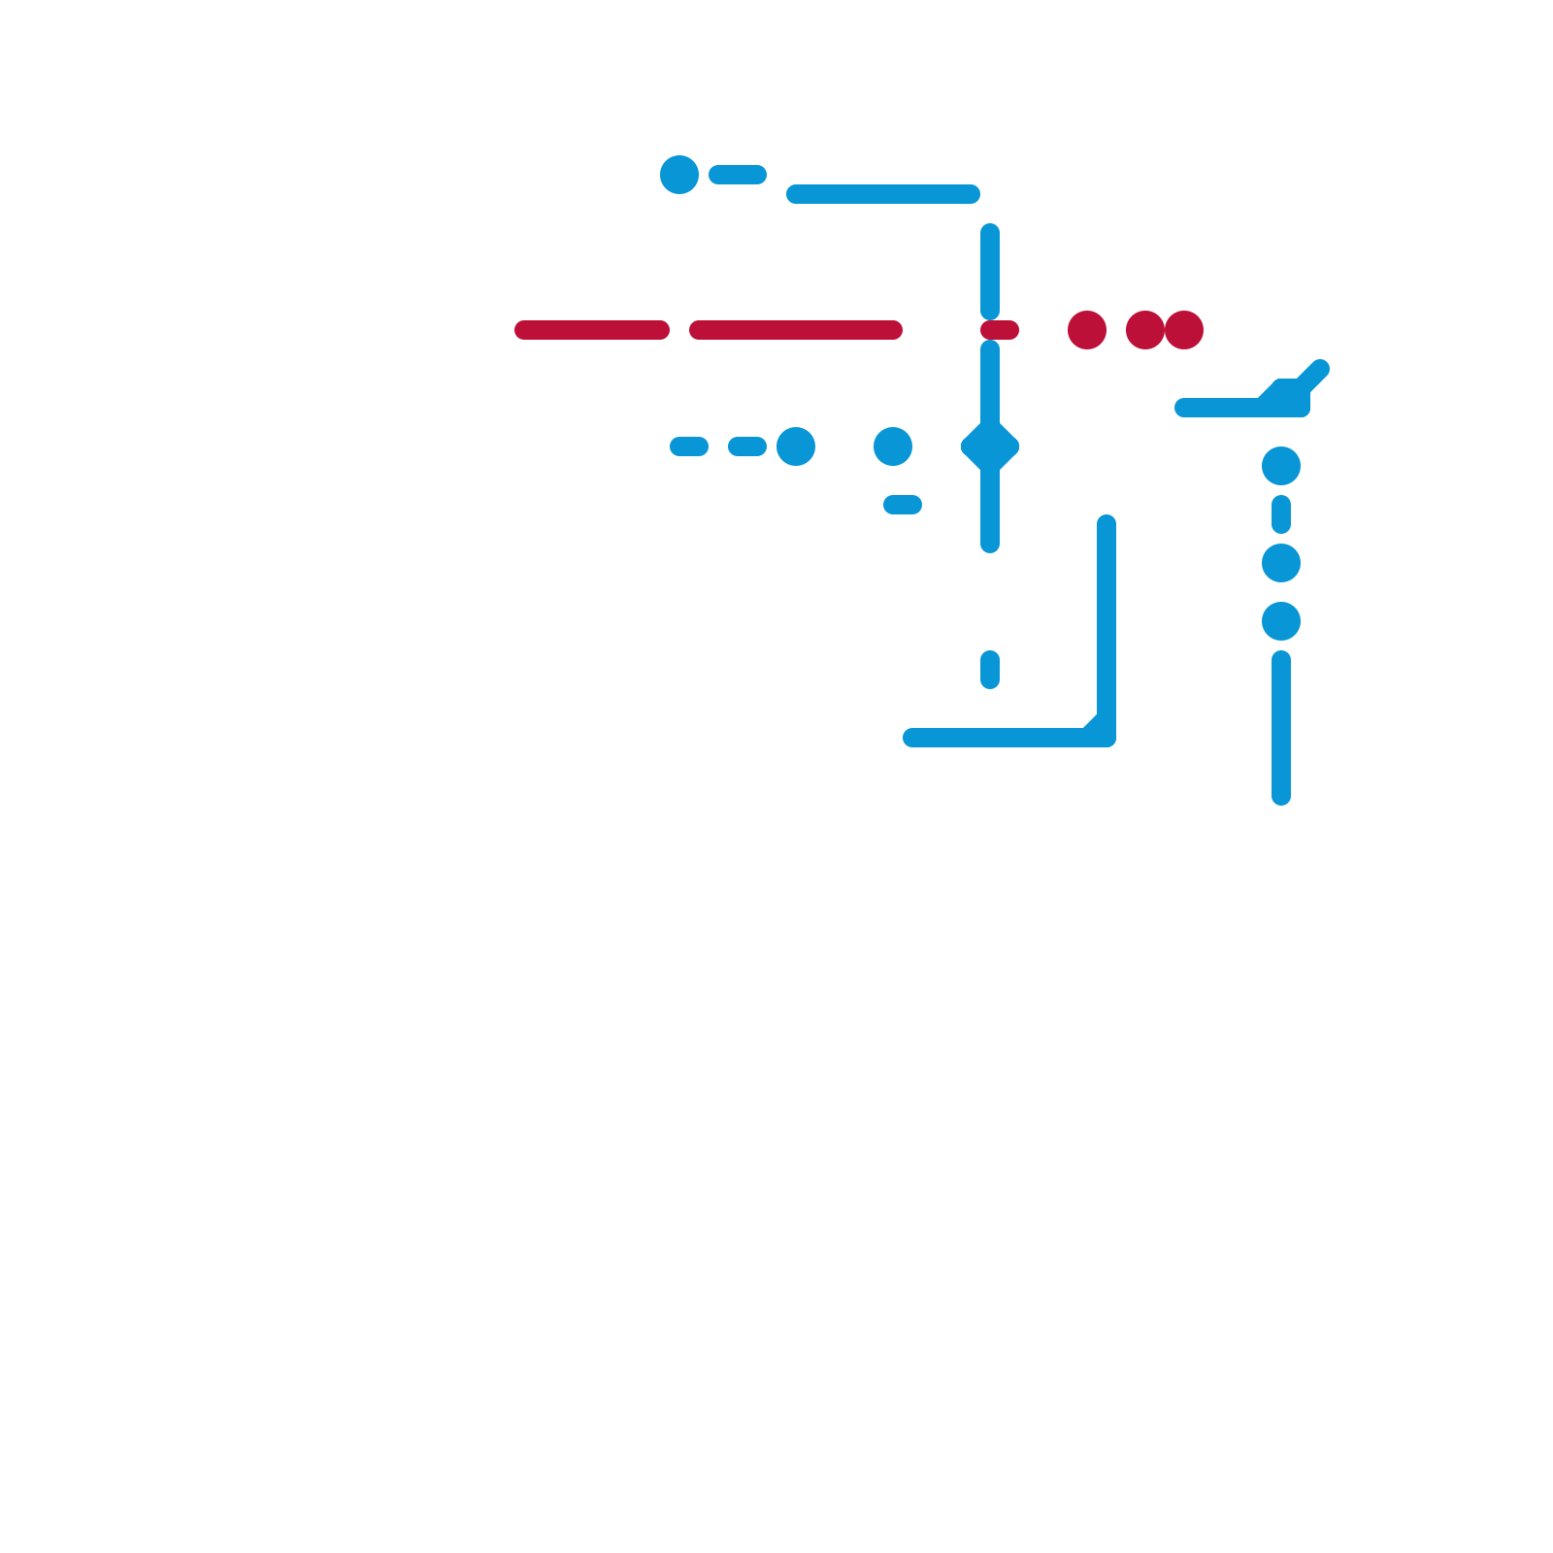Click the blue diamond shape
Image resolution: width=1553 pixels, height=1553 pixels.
click(x=990, y=446)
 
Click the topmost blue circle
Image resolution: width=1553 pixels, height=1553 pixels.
click(x=679, y=175)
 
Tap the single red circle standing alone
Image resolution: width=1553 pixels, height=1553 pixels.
click(x=1087, y=330)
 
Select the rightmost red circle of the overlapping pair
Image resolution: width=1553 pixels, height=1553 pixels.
click(x=1185, y=330)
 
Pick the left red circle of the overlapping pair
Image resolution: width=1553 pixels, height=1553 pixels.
click(x=1144, y=330)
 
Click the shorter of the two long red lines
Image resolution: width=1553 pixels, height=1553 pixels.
click(x=592, y=330)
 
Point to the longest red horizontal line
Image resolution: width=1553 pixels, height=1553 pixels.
click(x=796, y=330)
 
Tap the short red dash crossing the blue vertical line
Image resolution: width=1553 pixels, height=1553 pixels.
click(x=1000, y=330)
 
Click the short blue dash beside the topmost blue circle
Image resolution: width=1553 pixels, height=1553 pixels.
click(x=738, y=175)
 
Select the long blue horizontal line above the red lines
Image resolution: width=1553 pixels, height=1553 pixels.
click(x=883, y=194)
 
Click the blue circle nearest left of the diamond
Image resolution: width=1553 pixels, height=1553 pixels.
click(x=893, y=446)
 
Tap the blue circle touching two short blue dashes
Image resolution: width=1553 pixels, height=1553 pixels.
click(x=796, y=446)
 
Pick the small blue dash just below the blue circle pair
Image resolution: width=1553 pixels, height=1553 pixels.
click(x=903, y=505)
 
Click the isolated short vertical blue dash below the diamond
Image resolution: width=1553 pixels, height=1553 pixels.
click(x=990, y=670)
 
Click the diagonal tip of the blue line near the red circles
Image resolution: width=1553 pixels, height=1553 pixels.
click(x=1319, y=370)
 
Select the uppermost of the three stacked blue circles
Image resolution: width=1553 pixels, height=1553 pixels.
click(x=1281, y=466)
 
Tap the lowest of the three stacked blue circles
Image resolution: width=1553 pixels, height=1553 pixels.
click(x=1281, y=621)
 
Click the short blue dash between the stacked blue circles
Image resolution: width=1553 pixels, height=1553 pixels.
click(x=1281, y=514)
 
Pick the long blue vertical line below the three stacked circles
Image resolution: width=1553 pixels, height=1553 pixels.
click(x=1281, y=728)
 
